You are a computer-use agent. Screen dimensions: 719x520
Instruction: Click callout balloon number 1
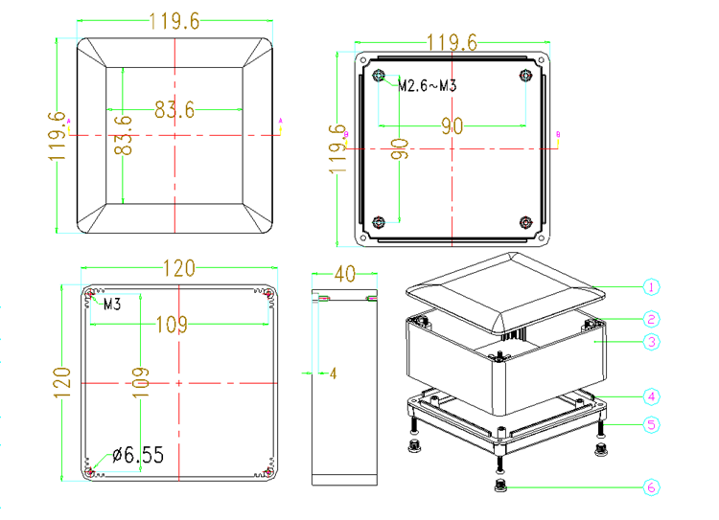[x=651, y=287]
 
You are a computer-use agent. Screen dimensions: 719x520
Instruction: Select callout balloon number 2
[x=651, y=319]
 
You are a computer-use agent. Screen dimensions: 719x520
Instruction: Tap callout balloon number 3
[x=651, y=342]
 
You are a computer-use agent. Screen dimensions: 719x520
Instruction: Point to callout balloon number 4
[x=651, y=396]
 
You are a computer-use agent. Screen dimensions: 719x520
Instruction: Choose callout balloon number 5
[x=651, y=424]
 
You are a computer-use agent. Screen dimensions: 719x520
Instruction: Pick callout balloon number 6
[x=651, y=487]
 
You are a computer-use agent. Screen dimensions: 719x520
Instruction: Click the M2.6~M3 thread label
[x=427, y=85]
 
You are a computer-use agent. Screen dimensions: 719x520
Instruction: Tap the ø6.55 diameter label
[x=138, y=455]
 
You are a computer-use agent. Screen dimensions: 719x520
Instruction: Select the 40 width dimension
[x=345, y=274]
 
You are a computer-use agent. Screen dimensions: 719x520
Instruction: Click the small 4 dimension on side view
[x=333, y=373]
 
